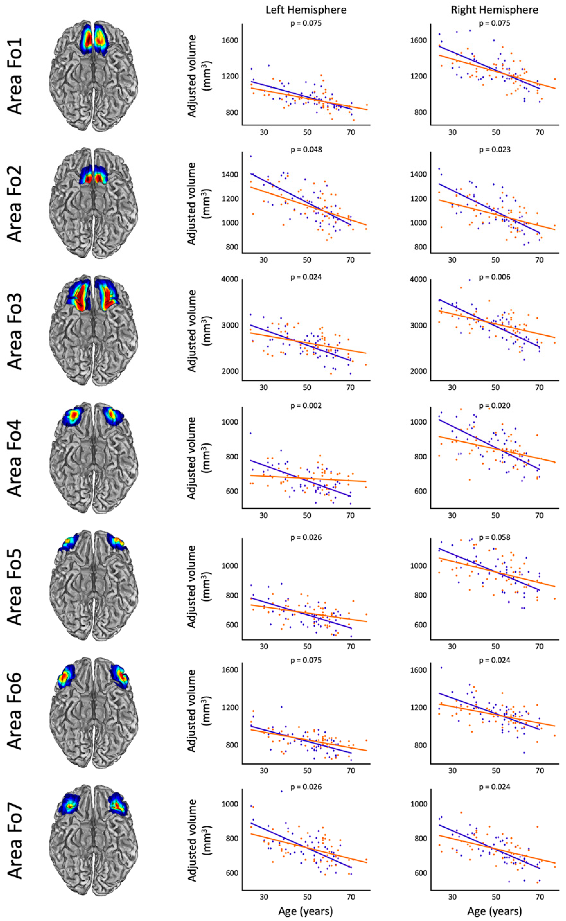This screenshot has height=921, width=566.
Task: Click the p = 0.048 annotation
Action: pos(306,150)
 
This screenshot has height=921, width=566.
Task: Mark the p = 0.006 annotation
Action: pos(495,277)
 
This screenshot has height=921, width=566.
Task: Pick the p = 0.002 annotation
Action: pos(306,406)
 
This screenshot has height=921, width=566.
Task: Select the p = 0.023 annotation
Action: pos(495,150)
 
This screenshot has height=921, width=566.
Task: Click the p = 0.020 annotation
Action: pos(495,406)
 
